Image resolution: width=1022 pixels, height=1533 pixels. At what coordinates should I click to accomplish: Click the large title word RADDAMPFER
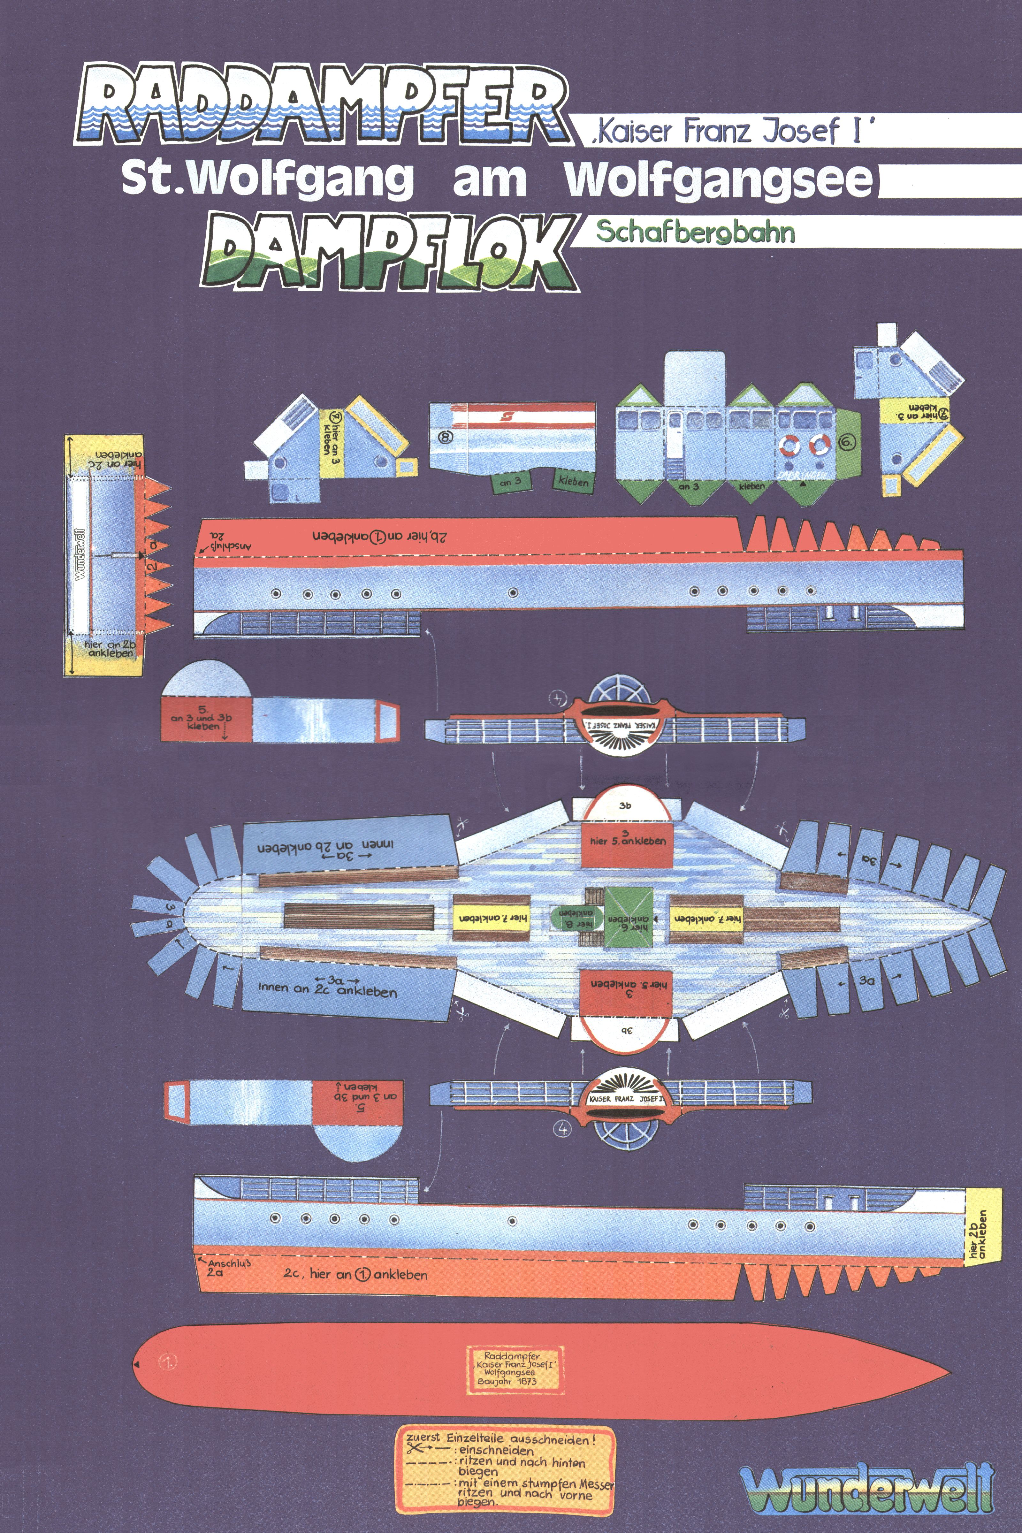click(x=319, y=104)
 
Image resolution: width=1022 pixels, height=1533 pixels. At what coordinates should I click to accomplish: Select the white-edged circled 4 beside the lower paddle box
click(x=562, y=1128)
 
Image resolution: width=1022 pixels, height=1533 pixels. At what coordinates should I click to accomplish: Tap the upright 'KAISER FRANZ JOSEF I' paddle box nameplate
click(x=626, y=1099)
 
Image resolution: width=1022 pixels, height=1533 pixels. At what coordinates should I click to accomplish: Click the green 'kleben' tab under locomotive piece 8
click(x=573, y=482)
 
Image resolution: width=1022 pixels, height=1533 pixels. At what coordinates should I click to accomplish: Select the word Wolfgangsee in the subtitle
click(x=717, y=179)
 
